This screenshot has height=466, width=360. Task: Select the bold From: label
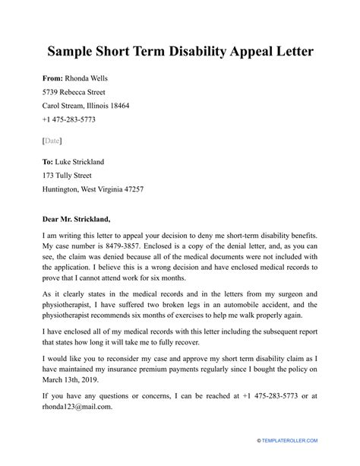point(55,79)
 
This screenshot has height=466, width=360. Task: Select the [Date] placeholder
point(52,141)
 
